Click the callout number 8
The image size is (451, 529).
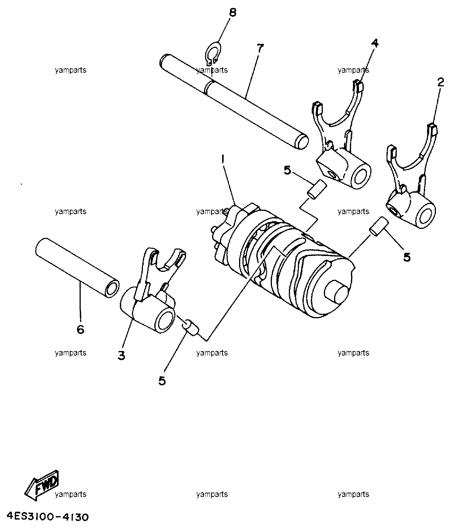(x=233, y=12)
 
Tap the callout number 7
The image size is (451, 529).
(x=260, y=48)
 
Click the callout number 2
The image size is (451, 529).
(x=440, y=83)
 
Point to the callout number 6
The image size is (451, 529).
(x=80, y=330)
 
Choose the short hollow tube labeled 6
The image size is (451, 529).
(x=77, y=267)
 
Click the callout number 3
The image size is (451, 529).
(x=121, y=355)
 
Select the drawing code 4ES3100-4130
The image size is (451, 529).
(x=48, y=517)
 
